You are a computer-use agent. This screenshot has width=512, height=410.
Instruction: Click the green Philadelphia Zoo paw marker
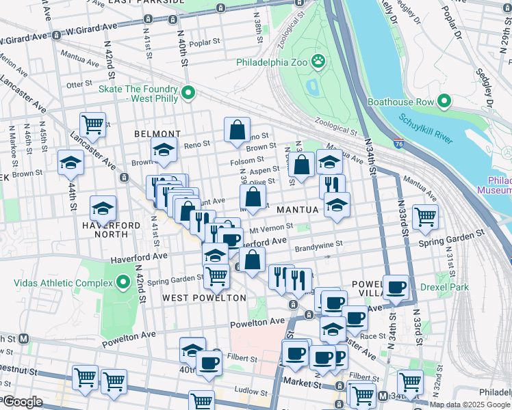click(318, 62)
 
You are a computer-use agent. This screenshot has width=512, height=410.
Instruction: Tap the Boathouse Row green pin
click(444, 102)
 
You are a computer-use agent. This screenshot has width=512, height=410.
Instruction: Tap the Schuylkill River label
click(427, 130)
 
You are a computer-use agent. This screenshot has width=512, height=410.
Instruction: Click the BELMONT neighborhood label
click(157, 134)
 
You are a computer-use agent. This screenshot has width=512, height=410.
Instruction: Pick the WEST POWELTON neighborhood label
click(204, 298)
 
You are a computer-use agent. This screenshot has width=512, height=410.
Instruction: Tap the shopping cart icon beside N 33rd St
click(426, 217)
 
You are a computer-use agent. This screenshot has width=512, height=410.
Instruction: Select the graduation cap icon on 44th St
click(71, 163)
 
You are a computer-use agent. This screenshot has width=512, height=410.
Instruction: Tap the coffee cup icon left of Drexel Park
click(396, 287)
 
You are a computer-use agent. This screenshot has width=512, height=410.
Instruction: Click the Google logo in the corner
click(22, 402)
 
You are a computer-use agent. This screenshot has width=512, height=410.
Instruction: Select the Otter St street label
click(79, 84)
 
